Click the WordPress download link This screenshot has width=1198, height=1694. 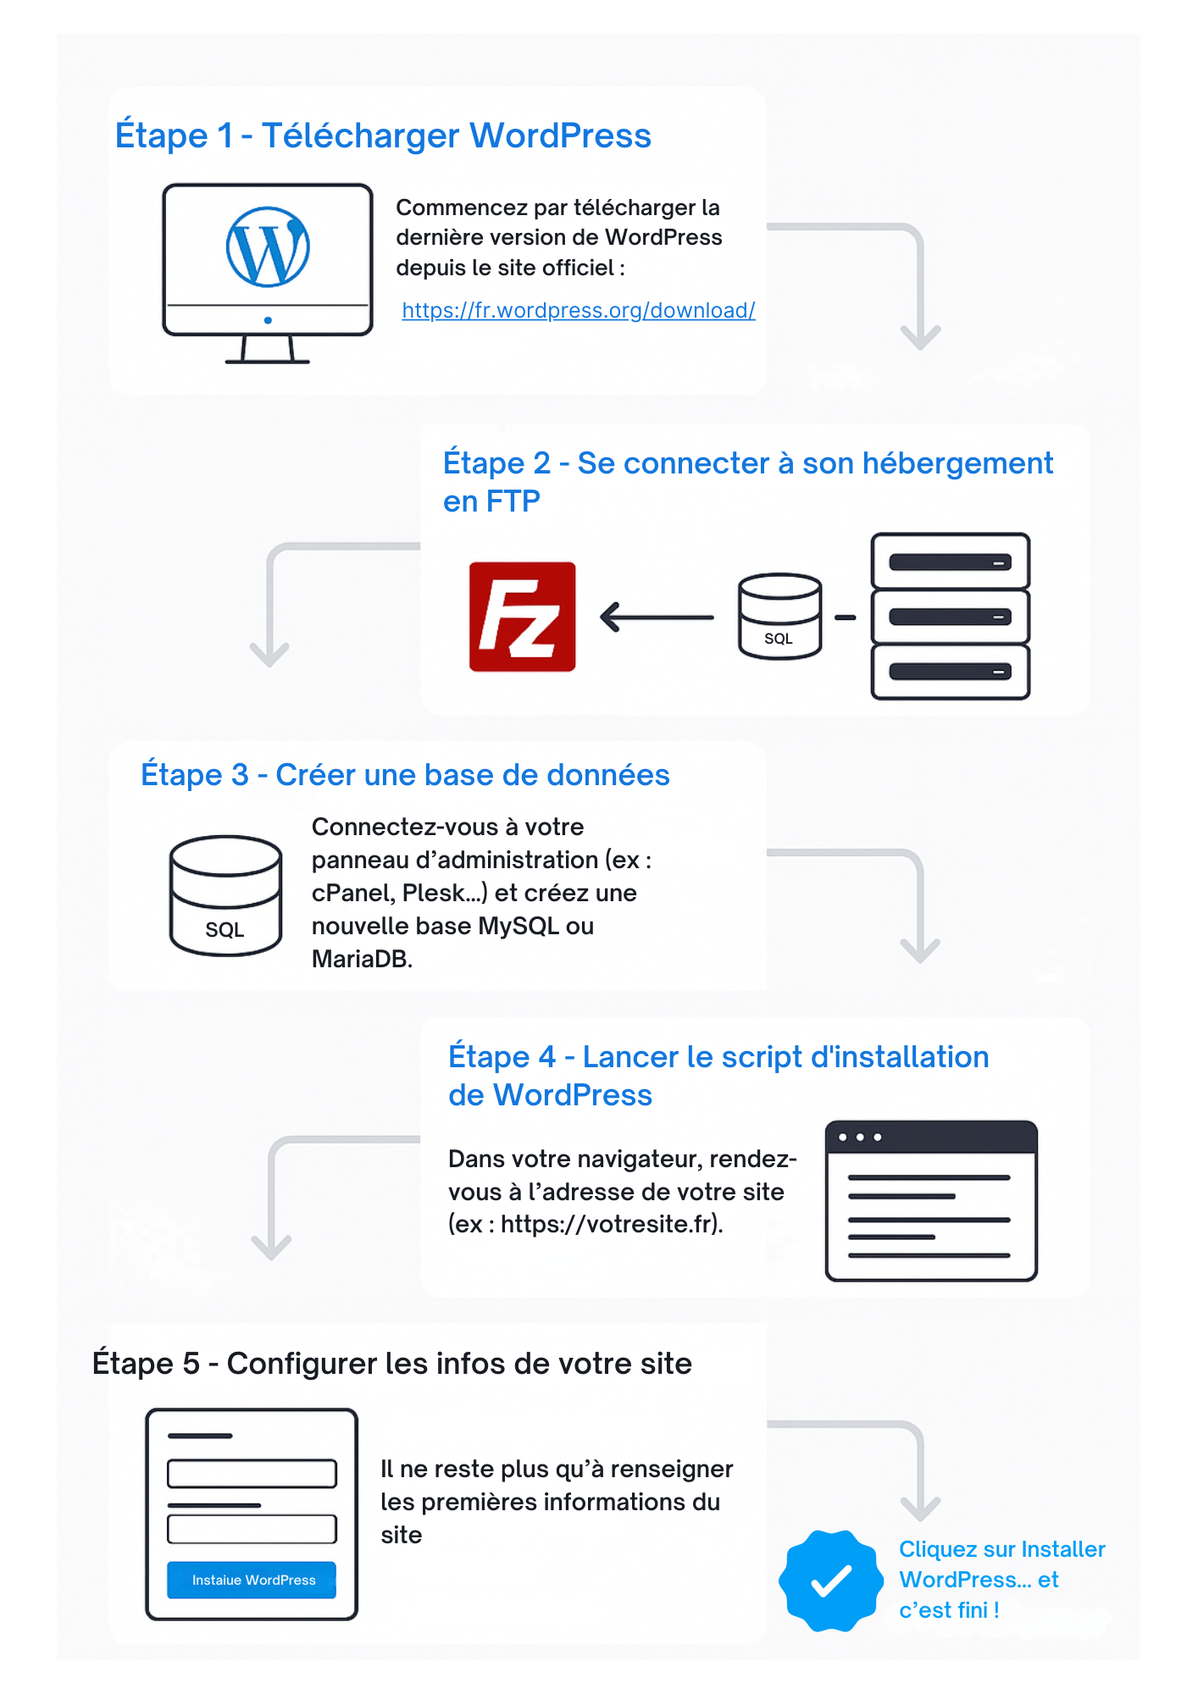[579, 311]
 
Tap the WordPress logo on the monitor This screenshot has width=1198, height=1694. [268, 246]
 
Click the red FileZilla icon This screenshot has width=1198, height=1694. [523, 617]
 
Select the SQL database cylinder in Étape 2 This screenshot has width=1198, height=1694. [779, 617]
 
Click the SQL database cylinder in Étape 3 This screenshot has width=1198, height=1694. [225, 896]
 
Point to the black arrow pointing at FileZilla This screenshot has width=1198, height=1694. [657, 617]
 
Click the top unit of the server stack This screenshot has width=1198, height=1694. [951, 562]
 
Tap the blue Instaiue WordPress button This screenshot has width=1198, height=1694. [252, 1580]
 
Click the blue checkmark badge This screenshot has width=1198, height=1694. [831, 1581]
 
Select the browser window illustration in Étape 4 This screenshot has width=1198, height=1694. [931, 1200]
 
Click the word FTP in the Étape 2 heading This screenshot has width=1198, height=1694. [513, 501]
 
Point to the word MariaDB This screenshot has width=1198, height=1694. [361, 959]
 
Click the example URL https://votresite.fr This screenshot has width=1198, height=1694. [609, 1225]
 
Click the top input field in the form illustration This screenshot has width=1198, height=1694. [252, 1473]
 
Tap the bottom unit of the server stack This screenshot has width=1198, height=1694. [951, 672]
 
